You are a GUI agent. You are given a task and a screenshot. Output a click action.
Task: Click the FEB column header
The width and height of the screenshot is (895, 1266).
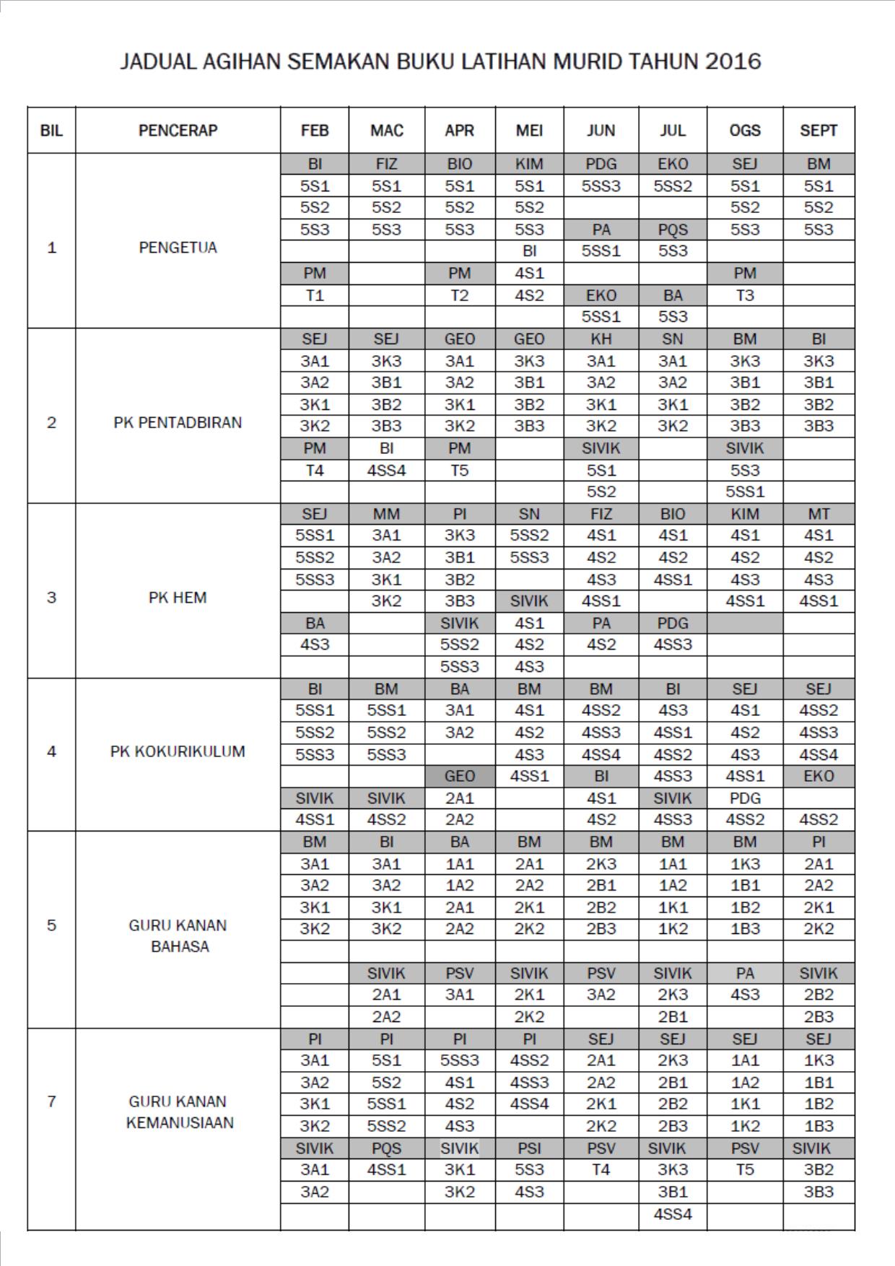pos(315,131)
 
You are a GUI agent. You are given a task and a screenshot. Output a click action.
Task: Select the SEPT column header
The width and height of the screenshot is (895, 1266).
pos(818,131)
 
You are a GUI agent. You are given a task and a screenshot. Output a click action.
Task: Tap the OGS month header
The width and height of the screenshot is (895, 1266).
pos(745,131)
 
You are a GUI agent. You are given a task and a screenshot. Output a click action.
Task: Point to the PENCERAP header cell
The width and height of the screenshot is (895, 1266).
pos(178,131)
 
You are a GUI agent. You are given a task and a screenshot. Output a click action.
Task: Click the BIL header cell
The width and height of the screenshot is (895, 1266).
pos(51,131)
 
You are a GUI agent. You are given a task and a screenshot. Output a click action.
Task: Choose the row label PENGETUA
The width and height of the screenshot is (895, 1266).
pos(178,248)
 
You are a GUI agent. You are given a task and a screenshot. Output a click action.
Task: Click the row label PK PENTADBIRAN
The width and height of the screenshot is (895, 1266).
pos(178,422)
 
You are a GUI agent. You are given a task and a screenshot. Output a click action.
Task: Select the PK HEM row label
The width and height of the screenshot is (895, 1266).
pos(178,598)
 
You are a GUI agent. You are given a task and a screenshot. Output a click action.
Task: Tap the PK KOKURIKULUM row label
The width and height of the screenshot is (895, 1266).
pos(178,751)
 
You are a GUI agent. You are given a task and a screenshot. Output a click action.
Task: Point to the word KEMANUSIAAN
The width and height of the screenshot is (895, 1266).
pos(180,1123)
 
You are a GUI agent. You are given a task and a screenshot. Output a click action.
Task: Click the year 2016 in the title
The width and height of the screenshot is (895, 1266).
pos(733,61)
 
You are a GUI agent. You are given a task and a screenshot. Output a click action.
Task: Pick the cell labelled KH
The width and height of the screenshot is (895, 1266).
pos(601,339)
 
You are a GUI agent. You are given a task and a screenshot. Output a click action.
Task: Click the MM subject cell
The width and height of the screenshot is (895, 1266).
pos(386,514)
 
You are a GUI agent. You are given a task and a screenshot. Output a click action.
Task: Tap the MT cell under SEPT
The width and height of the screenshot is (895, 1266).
pos(818,514)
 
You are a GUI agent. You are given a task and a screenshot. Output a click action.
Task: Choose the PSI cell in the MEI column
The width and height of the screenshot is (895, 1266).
pos(529,1148)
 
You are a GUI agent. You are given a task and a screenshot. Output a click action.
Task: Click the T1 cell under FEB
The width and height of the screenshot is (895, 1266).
pos(315,295)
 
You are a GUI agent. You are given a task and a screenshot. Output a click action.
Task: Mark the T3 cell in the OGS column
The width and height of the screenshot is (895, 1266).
pos(745,295)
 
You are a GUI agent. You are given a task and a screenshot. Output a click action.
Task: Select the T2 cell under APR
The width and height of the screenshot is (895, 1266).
pos(460,295)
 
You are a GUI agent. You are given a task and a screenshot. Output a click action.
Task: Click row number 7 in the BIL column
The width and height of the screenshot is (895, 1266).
pos(51,1101)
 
